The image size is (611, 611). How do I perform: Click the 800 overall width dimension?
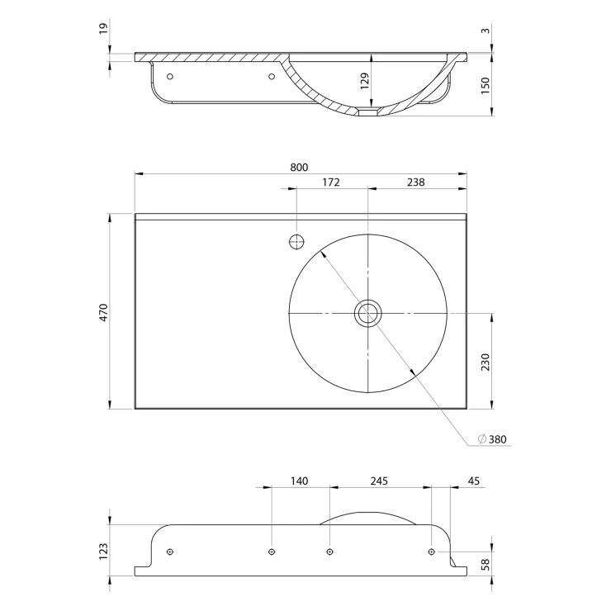point(299,167)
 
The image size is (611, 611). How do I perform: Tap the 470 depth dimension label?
point(103,312)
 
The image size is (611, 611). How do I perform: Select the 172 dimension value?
point(331,182)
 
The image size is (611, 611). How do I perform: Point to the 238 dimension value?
point(416,182)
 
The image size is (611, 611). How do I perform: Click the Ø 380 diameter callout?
point(493,439)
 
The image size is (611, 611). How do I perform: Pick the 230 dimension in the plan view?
point(485,362)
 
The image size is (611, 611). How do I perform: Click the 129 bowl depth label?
point(365,81)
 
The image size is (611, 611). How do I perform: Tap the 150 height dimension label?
point(485,86)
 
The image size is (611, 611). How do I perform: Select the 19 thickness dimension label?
point(103,28)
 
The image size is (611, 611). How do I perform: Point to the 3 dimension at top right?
point(485,30)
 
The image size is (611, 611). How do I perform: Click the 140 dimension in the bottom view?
point(299,481)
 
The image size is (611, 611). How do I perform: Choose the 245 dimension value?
point(379,481)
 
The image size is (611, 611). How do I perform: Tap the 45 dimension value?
point(473,481)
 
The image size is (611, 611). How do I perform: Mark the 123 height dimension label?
point(103,552)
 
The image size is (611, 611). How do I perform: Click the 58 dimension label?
point(485,565)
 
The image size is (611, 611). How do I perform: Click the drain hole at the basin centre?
point(368,313)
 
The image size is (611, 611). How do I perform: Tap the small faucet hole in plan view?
point(296,242)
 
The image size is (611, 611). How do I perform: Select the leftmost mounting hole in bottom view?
point(169,552)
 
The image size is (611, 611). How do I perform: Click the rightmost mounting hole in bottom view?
point(431,552)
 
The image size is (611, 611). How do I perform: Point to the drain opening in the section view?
point(368,112)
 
